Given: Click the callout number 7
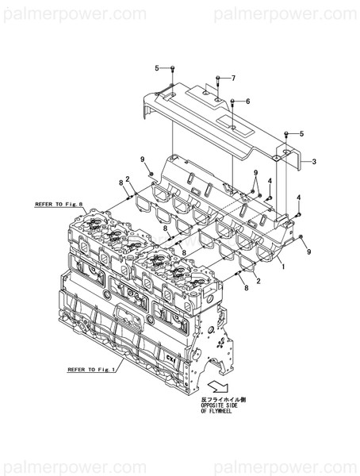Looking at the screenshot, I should coord(233,78).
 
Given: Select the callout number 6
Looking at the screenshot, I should coord(247,102).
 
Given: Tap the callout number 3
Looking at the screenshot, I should coord(313,161).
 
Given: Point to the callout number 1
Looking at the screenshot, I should coord(283,268).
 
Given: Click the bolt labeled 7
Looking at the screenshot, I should coord(217,81).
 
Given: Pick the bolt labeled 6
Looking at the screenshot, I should coord(232,104).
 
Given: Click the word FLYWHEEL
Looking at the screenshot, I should coord(216,412).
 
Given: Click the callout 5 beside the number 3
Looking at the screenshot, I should coord(301,133).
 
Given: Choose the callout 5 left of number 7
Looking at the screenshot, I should coord(157,68).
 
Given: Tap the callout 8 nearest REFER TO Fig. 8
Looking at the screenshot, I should coord(121,183).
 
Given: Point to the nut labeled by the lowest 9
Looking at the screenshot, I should coord(302,237).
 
